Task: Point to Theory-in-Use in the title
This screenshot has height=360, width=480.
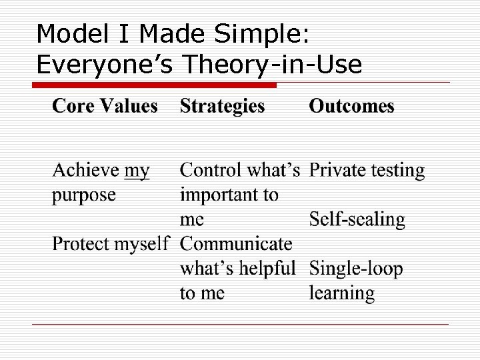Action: coord(272,64)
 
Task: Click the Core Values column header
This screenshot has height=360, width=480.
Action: coord(105,106)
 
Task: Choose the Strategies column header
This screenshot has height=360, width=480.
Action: coord(222,106)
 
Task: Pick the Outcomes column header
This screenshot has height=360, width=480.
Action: coord(351,106)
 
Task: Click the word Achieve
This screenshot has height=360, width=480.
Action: coord(86,171)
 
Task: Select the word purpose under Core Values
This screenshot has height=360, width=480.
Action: coord(84,196)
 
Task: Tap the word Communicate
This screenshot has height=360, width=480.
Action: coord(236,244)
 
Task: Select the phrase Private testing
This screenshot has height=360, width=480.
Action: coord(367,171)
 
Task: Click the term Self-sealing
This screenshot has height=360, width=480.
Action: coord(357,220)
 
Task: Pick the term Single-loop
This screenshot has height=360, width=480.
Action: coord(356,269)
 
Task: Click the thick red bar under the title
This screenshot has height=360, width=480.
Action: coord(155,85)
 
